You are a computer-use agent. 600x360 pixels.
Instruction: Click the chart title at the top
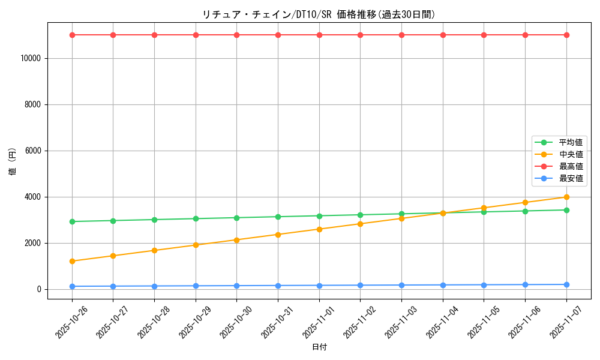coord(319,14)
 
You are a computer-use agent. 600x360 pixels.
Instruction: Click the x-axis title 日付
coord(319,347)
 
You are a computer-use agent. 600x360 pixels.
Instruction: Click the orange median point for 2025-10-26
coord(72,261)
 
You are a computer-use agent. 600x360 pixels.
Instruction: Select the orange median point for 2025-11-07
coord(566,197)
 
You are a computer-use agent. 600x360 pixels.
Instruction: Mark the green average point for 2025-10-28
coord(154,220)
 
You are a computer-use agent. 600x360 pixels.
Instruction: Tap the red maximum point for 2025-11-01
coord(319,35)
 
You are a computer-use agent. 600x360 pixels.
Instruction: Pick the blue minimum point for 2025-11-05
coord(484,284)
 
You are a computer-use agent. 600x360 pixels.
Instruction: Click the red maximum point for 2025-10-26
coord(72,35)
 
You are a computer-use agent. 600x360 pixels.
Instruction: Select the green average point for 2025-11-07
coord(566,210)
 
